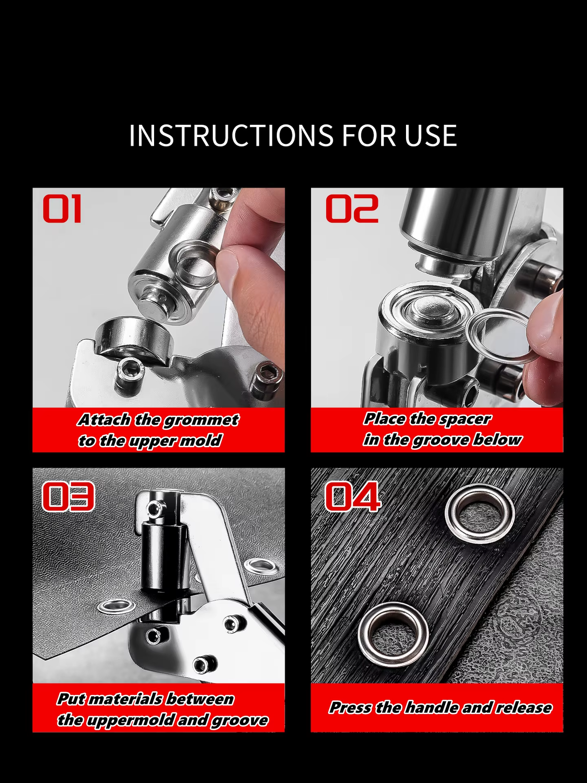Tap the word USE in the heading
click(430, 136)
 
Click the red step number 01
click(62, 209)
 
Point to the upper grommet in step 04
click(479, 513)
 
